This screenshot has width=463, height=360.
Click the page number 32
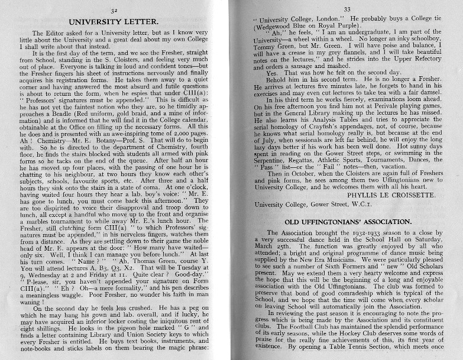click(115, 10)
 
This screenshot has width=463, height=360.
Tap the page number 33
click(347, 9)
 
